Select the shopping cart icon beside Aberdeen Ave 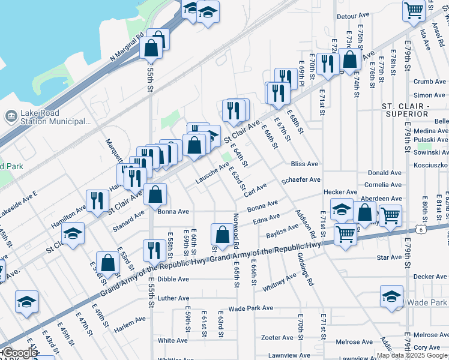(x=390, y=215)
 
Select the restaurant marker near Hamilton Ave (x=97, y=201)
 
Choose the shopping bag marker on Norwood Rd (x=222, y=234)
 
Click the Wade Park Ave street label (x=251, y=308)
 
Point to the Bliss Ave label (x=304, y=164)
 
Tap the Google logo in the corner (x=19, y=353)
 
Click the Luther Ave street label (x=173, y=298)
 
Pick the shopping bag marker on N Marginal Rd (x=151, y=46)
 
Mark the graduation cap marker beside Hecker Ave (x=342, y=209)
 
